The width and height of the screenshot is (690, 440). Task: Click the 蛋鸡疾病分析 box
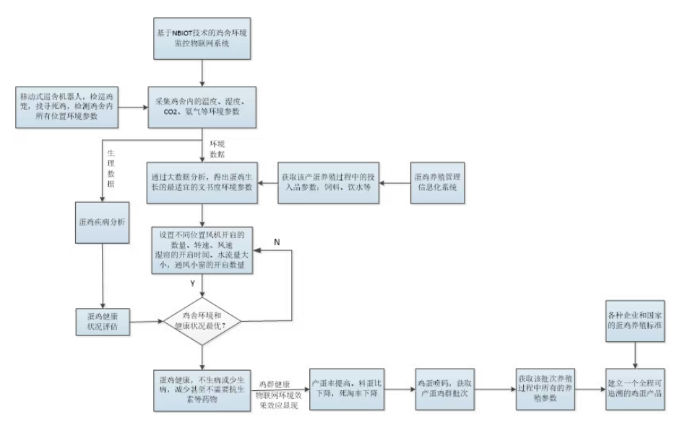[x=102, y=221]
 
